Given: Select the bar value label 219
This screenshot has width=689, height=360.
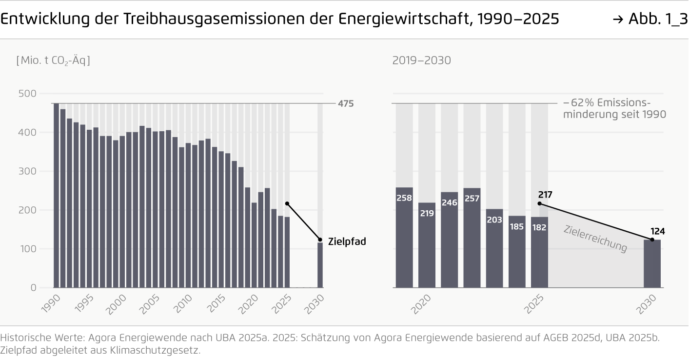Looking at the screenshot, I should pyautogui.click(x=427, y=213).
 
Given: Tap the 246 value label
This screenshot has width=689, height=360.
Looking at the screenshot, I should pyautogui.click(x=449, y=202).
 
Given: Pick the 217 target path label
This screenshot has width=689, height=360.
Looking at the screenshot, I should pyautogui.click(x=545, y=195).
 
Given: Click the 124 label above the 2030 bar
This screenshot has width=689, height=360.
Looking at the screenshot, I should pyautogui.click(x=658, y=231).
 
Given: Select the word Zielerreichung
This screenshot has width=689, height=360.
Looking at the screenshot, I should pyautogui.click(x=595, y=238).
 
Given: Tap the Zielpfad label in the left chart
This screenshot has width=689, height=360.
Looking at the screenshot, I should pyautogui.click(x=347, y=241).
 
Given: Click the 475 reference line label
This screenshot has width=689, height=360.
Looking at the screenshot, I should pyautogui.click(x=346, y=103).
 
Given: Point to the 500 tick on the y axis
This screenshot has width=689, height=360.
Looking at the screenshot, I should pyautogui.click(x=30, y=93).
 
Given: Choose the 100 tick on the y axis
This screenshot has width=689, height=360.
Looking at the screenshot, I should pyautogui.click(x=30, y=249).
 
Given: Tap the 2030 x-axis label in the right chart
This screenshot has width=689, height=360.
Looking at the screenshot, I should pyautogui.click(x=649, y=304).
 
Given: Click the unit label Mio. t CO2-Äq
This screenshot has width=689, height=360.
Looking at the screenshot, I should pyautogui.click(x=53, y=60).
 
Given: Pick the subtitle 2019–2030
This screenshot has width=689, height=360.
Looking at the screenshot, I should pyautogui.click(x=421, y=60).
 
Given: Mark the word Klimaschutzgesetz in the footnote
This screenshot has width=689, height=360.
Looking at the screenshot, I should pyautogui.click(x=156, y=350).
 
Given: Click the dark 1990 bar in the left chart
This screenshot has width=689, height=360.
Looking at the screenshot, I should pyautogui.click(x=56, y=195).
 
